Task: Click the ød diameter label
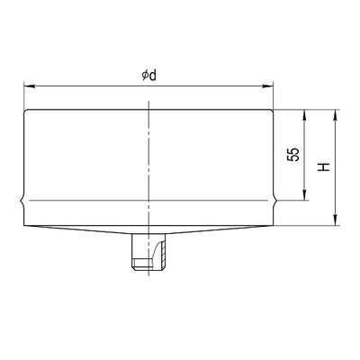point(149,76)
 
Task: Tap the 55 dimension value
point(293,155)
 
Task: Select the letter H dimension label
point(324,167)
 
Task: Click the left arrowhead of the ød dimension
point(30,86)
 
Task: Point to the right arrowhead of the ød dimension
point(267,86)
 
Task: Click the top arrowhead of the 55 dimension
point(305,115)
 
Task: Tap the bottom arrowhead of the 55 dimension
point(305,194)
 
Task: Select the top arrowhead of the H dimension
point(336,115)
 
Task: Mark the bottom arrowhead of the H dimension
point(336,220)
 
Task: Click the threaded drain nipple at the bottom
point(148,251)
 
